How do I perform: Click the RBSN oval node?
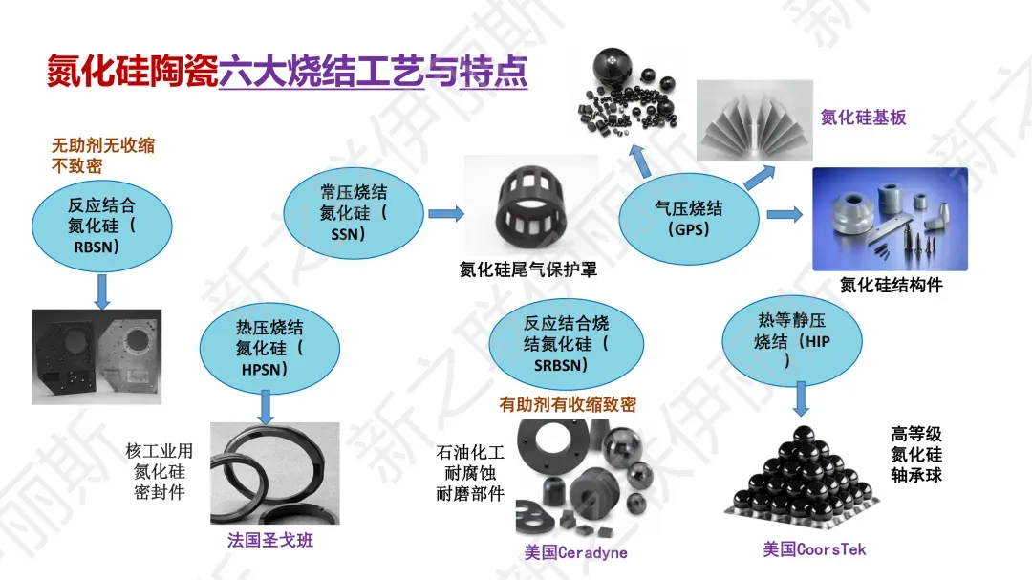pyautogui.click(x=102, y=226)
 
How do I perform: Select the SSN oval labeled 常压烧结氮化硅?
pyautogui.click(x=355, y=213)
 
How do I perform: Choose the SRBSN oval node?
pyautogui.click(x=566, y=344)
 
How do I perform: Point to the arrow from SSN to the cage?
pyautogui.click(x=445, y=213)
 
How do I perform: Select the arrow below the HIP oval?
pyautogui.click(x=801, y=397)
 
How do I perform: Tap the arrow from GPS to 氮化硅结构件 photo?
pyautogui.click(x=785, y=215)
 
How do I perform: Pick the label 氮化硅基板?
pyautogui.click(x=863, y=118)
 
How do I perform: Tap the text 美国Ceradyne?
pyautogui.click(x=575, y=552)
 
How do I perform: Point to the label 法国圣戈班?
pyautogui.click(x=270, y=541)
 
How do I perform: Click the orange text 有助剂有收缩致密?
pyautogui.click(x=568, y=404)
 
